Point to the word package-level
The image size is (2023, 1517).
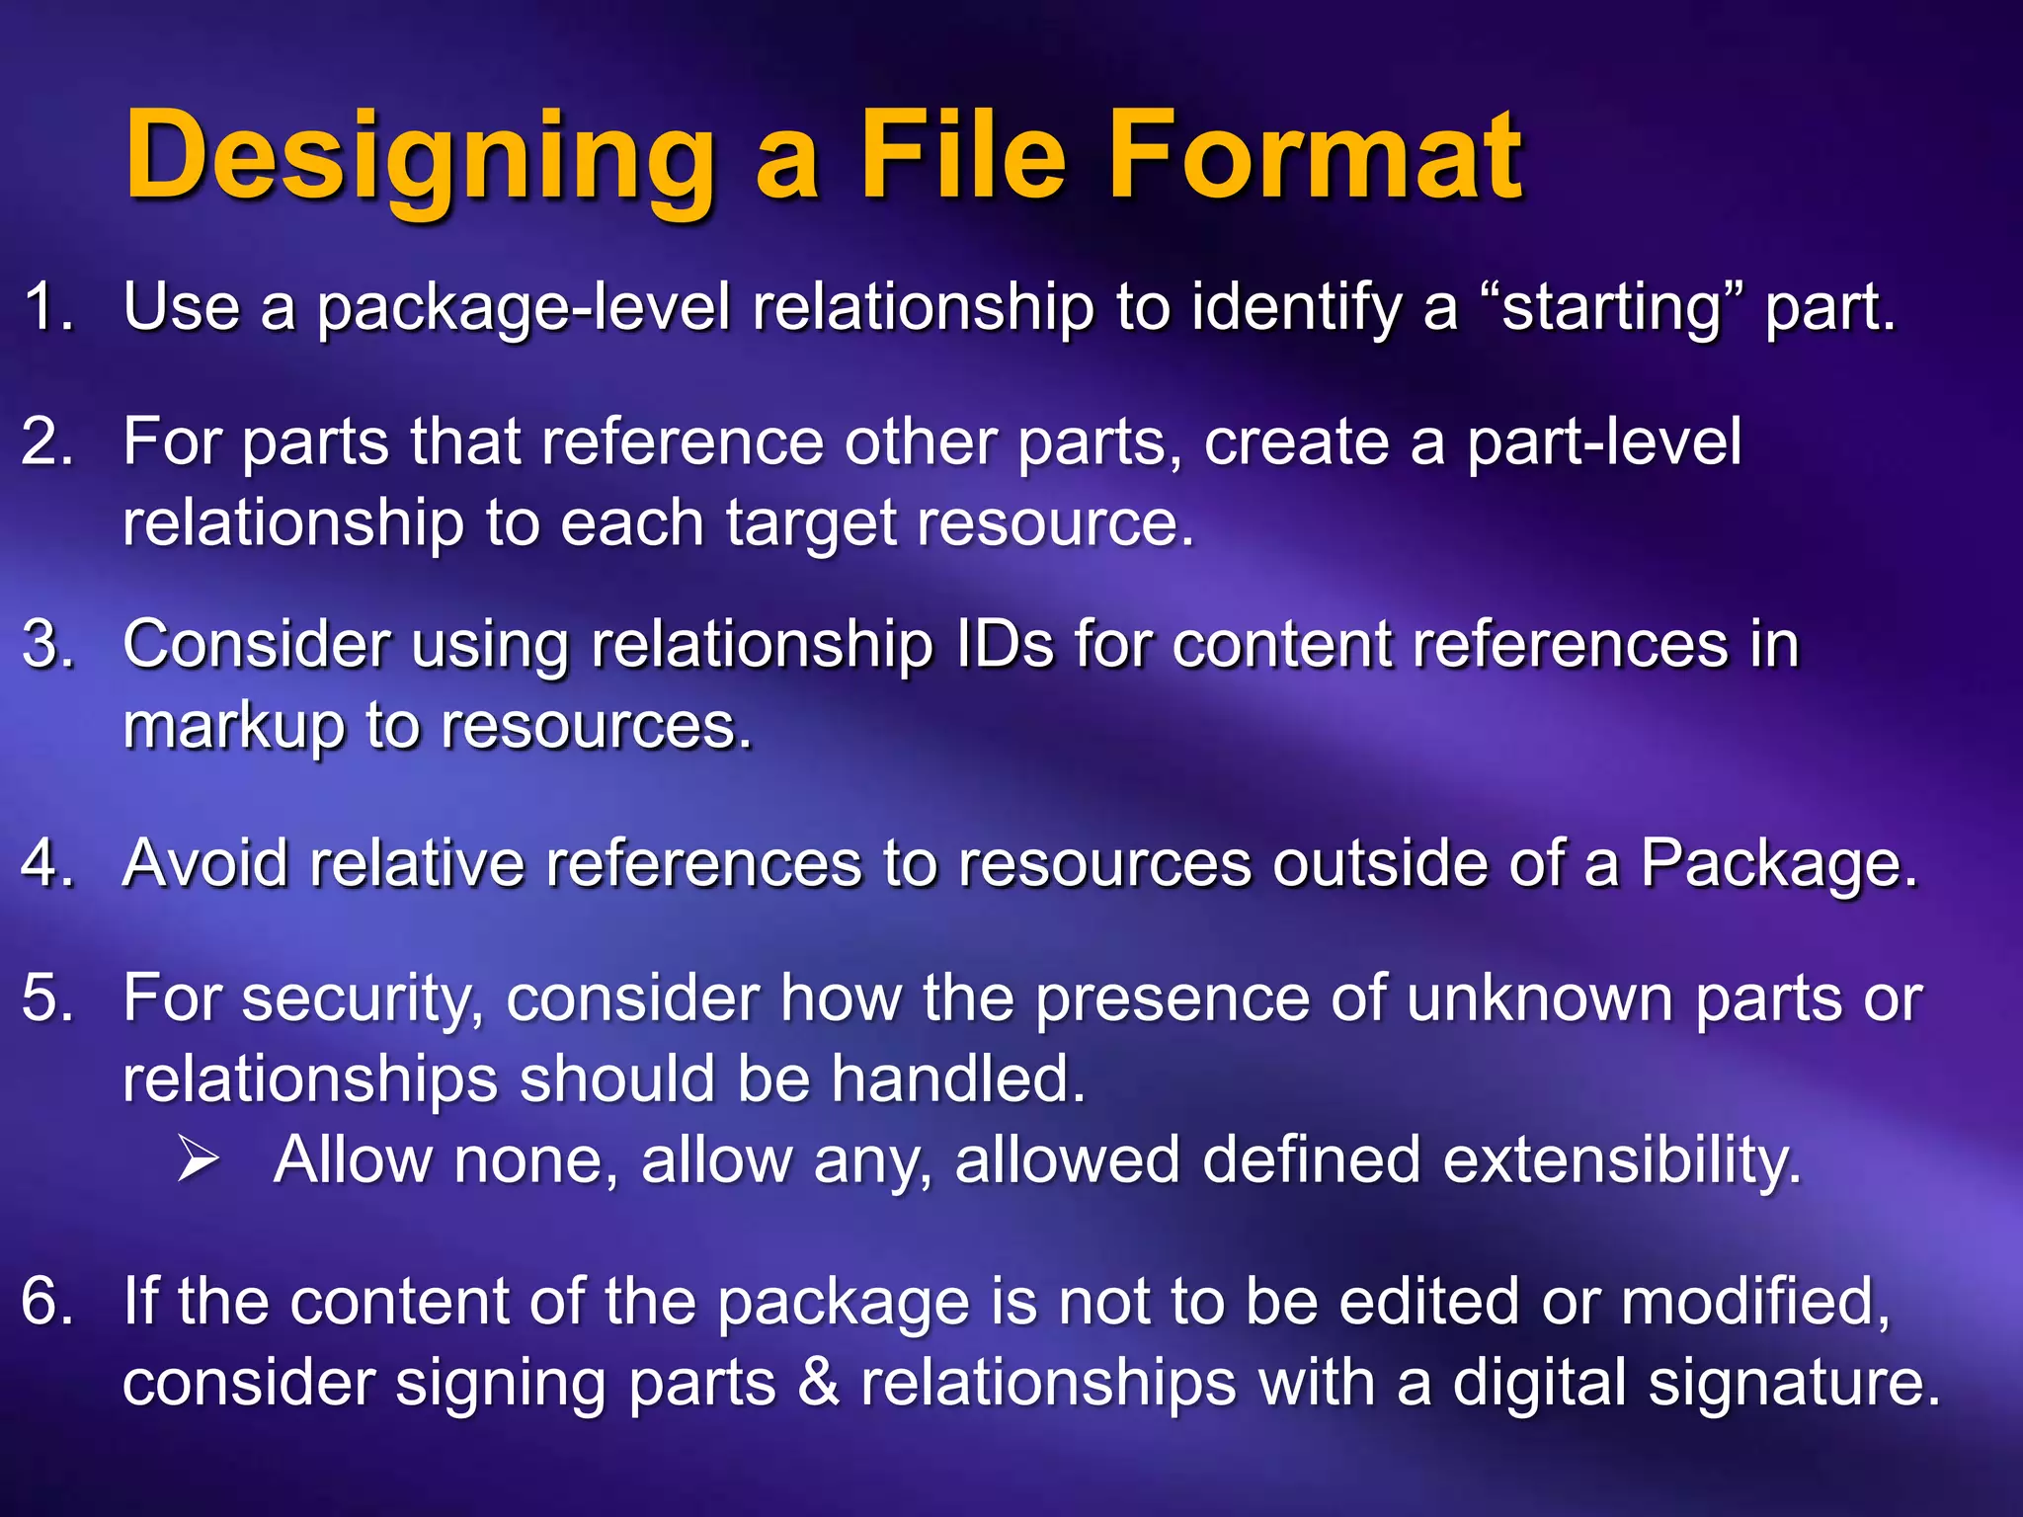tap(524, 308)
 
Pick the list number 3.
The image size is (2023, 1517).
tap(47, 644)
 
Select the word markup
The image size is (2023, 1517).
tap(233, 727)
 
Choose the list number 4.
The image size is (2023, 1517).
tap(47, 863)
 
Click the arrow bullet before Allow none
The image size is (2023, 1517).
tap(198, 1159)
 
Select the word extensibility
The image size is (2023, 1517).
tap(1621, 1159)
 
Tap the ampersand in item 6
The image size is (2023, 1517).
tap(818, 1383)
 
